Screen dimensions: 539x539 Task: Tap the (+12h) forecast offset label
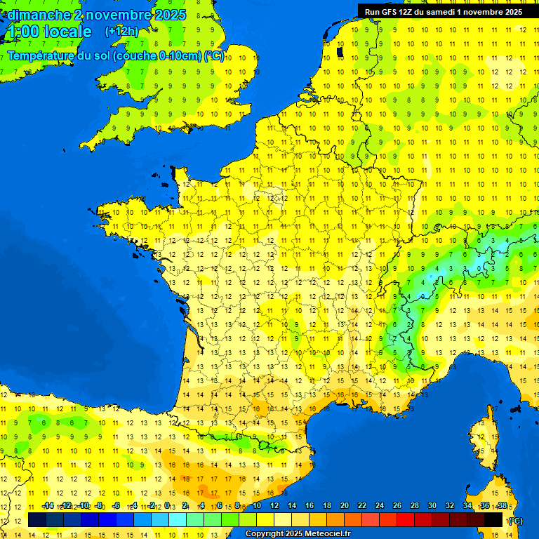tap(121, 32)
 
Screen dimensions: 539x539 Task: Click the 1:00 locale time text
tap(49, 32)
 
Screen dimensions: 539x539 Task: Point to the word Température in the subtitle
tap(41, 56)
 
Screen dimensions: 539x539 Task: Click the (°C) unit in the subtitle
tap(214, 56)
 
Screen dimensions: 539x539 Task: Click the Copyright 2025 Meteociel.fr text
tap(297, 534)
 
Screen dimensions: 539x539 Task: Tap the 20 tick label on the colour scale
tap(345, 506)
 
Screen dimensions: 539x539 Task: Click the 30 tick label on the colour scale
tap(432, 506)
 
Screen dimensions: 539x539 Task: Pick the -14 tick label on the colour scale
tap(48, 506)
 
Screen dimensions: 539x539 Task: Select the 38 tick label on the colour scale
tap(502, 506)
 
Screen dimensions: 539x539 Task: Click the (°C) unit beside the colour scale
tap(515, 520)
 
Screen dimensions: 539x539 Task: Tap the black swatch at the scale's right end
tap(493, 519)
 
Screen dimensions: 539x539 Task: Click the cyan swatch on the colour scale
tap(178, 519)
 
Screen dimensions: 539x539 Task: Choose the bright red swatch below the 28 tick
tap(406, 519)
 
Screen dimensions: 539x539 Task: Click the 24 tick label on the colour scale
tap(380, 506)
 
